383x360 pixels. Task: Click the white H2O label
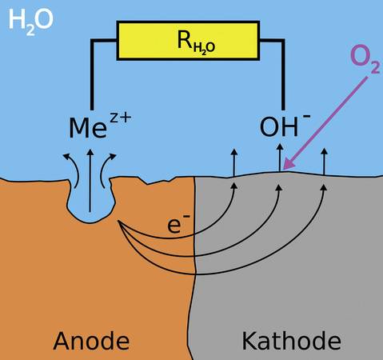click(x=30, y=22)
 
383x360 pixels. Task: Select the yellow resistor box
click(x=188, y=41)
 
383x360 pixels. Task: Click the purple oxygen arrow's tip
click(x=284, y=169)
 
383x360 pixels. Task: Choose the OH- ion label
click(x=285, y=126)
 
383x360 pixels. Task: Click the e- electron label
click(x=178, y=224)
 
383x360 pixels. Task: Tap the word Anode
click(x=91, y=341)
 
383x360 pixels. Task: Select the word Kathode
click(x=291, y=340)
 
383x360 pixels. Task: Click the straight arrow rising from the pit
click(x=90, y=181)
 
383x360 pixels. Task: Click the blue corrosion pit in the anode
click(x=90, y=200)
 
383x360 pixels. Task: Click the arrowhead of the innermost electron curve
click(x=234, y=186)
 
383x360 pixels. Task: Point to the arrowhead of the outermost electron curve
click(x=324, y=188)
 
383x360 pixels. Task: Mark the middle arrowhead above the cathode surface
click(x=280, y=146)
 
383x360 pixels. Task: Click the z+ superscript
click(x=121, y=118)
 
